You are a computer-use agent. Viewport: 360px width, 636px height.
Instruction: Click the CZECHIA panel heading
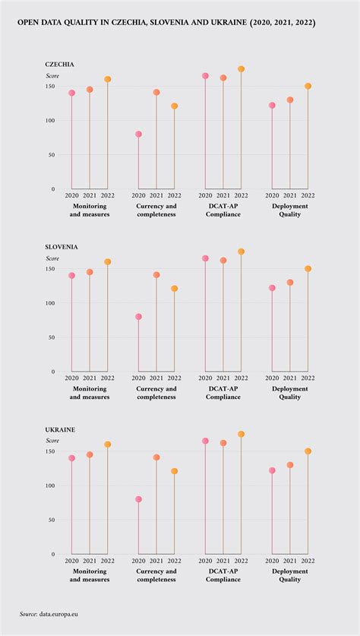click(60, 65)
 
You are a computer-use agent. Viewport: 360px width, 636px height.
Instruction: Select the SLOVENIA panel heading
click(62, 247)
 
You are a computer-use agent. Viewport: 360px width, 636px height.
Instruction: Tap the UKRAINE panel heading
click(60, 429)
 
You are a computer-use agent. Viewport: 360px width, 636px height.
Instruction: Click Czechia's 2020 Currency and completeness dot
click(138, 134)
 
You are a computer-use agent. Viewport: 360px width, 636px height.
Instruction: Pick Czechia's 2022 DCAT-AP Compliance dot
click(241, 69)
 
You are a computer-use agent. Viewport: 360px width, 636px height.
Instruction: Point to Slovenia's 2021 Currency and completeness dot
click(156, 275)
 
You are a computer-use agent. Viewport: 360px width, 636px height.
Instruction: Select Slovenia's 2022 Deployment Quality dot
click(308, 268)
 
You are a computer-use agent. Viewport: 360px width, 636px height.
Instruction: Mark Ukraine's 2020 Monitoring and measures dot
click(72, 458)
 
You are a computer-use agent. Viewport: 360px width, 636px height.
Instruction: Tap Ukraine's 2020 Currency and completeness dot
click(138, 499)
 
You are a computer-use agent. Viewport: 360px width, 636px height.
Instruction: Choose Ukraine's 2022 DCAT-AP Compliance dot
click(241, 434)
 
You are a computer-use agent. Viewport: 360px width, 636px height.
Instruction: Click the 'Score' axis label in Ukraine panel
click(52, 441)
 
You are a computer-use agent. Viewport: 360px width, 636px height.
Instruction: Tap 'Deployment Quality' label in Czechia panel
click(289, 210)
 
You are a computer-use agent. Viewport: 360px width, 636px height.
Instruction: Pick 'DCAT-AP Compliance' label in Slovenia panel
click(223, 392)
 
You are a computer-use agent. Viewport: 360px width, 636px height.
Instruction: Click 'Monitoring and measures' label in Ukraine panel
click(90, 574)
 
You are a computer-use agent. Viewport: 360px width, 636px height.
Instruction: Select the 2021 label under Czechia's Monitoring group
click(90, 195)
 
